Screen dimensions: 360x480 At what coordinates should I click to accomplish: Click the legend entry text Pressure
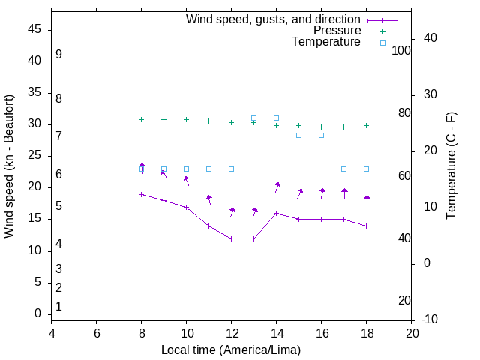tap(337, 31)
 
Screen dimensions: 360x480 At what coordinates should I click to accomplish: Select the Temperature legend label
tap(326, 42)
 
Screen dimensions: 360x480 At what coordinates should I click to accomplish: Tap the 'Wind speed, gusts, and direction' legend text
tap(273, 19)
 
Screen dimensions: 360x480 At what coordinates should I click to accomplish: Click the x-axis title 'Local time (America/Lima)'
tap(231, 349)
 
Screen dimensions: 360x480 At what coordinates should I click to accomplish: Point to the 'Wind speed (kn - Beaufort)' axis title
tap(9, 166)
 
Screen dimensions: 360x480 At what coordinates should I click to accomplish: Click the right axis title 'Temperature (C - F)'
tap(451, 166)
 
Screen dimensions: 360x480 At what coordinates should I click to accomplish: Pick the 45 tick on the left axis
tap(34, 30)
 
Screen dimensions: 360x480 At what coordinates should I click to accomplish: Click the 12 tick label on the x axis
tap(232, 333)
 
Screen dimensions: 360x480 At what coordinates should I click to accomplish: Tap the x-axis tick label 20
tap(412, 333)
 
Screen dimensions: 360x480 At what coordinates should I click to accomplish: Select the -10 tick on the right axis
tap(431, 319)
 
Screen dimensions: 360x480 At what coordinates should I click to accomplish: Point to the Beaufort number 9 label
tap(58, 55)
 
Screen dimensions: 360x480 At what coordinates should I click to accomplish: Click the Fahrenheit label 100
tap(401, 50)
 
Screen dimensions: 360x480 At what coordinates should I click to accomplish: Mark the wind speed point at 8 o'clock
tap(141, 194)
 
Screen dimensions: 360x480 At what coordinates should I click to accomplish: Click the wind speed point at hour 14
tap(276, 213)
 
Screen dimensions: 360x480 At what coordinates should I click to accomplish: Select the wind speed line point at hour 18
tap(366, 226)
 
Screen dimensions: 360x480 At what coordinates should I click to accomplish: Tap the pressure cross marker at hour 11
tap(208, 121)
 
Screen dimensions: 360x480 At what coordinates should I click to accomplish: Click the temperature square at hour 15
tap(298, 135)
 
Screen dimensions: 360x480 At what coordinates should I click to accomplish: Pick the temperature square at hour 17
tap(343, 169)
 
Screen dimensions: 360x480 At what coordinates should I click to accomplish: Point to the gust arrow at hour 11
tap(209, 199)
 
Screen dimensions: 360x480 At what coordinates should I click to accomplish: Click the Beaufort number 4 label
tap(58, 243)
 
